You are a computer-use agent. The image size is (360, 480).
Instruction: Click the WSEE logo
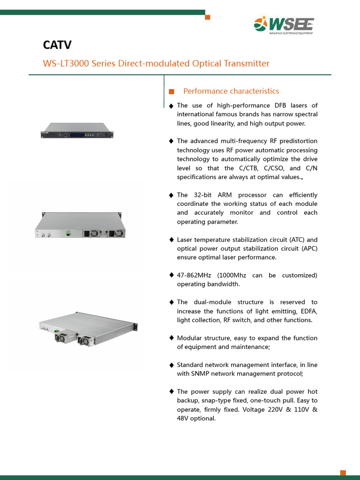point(284,25)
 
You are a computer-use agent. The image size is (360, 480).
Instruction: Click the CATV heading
point(57,45)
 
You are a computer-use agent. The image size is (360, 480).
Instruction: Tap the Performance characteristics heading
point(231,91)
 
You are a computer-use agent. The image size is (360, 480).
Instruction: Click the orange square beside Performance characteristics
point(171,91)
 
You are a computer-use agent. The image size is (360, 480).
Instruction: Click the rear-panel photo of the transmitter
point(80,226)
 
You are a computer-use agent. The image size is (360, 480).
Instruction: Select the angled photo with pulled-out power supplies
point(88,326)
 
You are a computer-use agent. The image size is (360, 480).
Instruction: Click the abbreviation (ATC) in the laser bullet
point(296,240)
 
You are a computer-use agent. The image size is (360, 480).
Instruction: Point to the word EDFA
point(307,311)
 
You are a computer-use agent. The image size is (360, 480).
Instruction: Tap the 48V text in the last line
point(184,418)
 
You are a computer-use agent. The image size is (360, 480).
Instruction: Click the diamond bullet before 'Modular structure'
point(171,338)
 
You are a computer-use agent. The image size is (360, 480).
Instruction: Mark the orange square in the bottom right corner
point(343,472)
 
